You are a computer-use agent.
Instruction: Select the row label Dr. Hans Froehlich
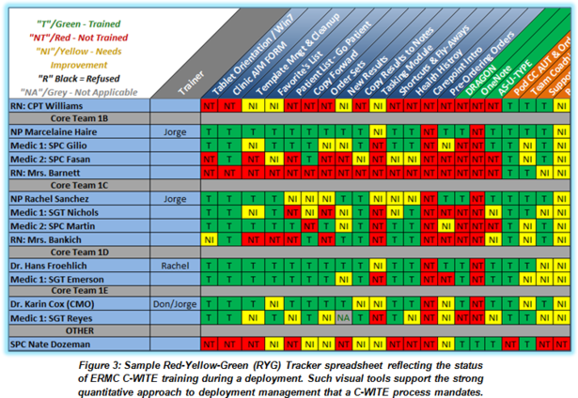[x=53, y=266]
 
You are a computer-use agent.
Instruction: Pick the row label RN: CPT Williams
[x=47, y=106]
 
